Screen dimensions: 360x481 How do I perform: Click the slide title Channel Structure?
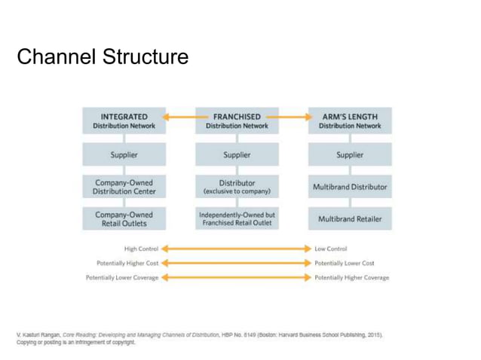(x=103, y=56)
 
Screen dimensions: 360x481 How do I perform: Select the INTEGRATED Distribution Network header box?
(x=124, y=121)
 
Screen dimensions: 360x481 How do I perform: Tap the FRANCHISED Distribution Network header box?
(x=237, y=121)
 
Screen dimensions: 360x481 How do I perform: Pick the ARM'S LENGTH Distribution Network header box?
(x=349, y=121)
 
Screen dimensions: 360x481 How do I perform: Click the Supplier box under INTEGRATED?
(x=124, y=155)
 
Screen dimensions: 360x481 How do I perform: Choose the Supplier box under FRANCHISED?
(x=237, y=155)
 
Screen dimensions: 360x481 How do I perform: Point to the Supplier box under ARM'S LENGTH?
(x=349, y=155)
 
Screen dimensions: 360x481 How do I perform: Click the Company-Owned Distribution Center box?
(x=124, y=187)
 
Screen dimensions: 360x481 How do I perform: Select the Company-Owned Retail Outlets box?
(x=124, y=219)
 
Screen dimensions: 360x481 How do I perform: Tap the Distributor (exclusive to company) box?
(x=237, y=187)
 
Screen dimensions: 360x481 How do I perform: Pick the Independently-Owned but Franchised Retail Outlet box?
(x=237, y=219)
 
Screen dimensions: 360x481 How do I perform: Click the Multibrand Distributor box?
(x=349, y=187)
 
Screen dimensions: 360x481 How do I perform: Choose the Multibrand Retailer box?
(x=349, y=219)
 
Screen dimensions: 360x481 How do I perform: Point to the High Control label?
(x=140, y=249)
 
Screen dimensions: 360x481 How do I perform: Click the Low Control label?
(x=331, y=249)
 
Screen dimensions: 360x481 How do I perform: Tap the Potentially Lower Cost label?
(x=344, y=263)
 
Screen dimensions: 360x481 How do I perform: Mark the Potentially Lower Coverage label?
(x=122, y=278)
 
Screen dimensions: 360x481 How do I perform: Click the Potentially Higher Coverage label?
(x=351, y=278)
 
